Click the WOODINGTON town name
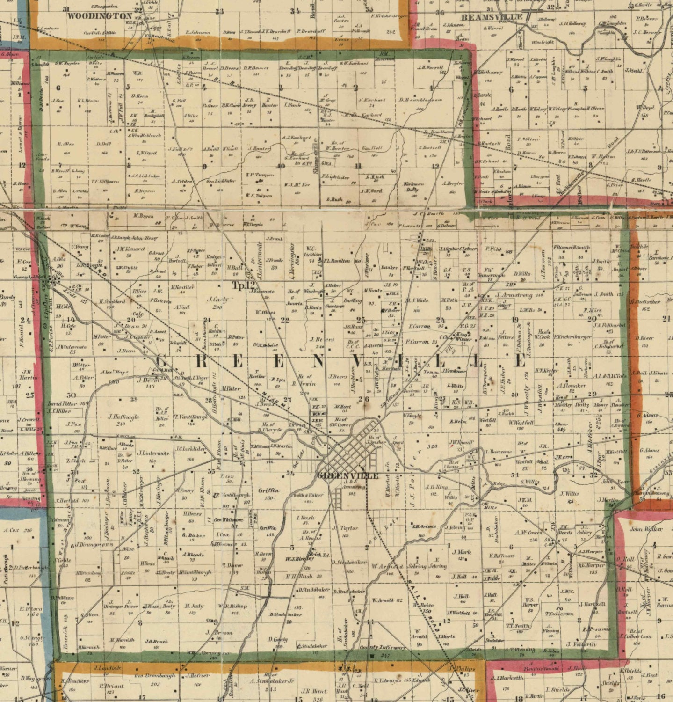click(x=100, y=15)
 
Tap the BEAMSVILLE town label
click(x=492, y=17)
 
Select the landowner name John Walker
click(x=646, y=529)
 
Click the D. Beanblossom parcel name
click(x=421, y=100)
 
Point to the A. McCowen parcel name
click(x=529, y=532)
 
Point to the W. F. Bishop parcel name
click(x=232, y=606)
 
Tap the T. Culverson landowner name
click(x=558, y=614)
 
